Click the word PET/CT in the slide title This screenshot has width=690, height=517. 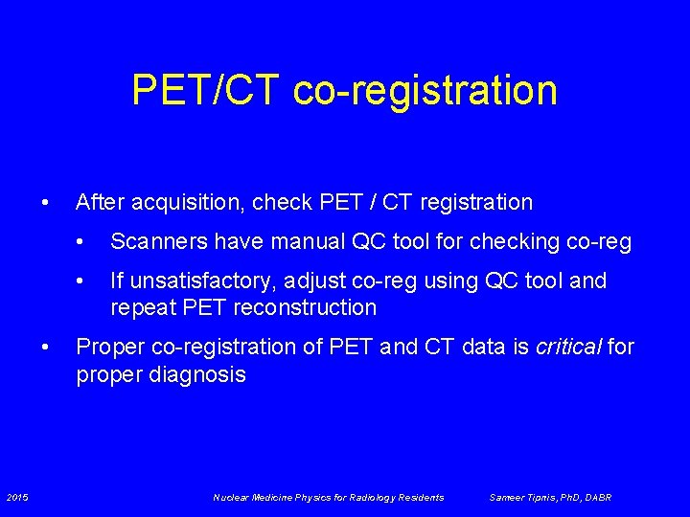(206, 90)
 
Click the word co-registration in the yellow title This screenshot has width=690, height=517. (425, 90)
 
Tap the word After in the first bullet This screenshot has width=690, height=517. (99, 202)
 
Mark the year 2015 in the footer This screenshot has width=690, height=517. (17, 497)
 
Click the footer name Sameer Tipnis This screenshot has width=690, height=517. (523, 497)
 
